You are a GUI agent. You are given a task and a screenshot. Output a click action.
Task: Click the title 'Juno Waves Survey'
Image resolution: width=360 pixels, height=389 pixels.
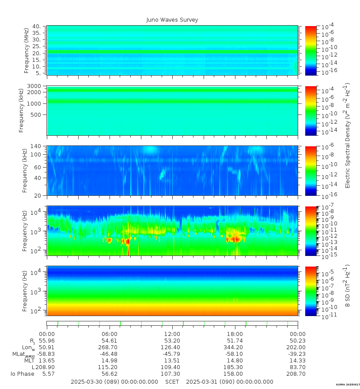172,20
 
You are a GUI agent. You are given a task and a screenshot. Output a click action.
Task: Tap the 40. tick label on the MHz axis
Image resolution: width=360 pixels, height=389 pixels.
36,27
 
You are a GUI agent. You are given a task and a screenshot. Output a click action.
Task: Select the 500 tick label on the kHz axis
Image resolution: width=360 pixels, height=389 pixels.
36,114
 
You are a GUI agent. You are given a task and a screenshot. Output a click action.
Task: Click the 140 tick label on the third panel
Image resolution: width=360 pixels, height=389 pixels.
36,146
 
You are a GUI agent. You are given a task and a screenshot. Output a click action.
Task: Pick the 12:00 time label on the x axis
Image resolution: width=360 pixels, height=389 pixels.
172,334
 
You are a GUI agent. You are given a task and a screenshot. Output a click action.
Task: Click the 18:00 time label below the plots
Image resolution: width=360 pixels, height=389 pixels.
235,334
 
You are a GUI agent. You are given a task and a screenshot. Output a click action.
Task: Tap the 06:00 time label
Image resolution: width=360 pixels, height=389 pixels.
110,334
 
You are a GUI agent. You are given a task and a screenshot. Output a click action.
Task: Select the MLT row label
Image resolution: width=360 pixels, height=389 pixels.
29,360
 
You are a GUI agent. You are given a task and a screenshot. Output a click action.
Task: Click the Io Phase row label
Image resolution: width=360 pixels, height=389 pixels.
23,374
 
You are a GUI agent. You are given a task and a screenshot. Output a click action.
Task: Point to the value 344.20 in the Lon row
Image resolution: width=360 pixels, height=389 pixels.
235,347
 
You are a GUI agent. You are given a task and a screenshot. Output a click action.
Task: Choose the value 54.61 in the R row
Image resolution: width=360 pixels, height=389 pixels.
110,340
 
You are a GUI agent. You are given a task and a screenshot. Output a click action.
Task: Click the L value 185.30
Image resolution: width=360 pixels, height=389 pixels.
235,367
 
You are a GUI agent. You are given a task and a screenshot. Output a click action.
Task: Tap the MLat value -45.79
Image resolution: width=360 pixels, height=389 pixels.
172,354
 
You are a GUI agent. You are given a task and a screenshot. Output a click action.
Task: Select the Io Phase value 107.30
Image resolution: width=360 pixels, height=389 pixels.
172,374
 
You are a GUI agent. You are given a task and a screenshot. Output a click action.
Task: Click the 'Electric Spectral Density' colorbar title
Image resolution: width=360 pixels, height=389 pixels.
348,135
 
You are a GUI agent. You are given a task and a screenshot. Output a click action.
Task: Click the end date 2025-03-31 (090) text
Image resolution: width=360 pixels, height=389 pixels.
230,382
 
